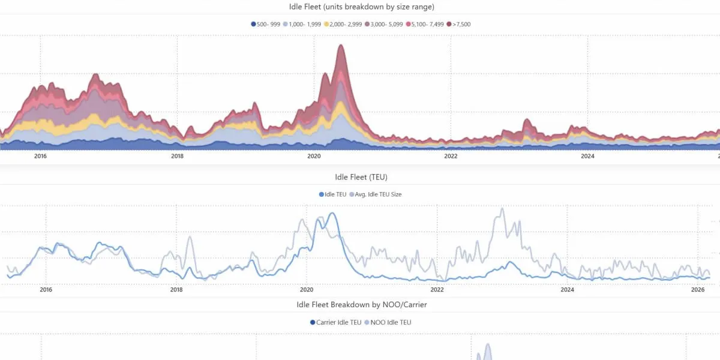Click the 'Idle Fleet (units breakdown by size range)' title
click(x=359, y=7)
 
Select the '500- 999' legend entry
click(x=266, y=24)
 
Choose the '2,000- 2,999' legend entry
click(x=344, y=24)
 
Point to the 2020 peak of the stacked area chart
click(x=341, y=46)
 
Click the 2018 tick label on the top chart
click(x=177, y=157)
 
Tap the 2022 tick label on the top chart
click(x=451, y=157)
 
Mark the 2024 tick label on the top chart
click(x=587, y=157)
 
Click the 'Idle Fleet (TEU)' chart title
click(x=359, y=177)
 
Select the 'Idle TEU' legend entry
click(x=331, y=194)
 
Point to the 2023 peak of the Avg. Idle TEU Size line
click(x=502, y=208)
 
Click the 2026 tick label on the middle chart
click(x=698, y=290)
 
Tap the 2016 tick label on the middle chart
click(x=46, y=290)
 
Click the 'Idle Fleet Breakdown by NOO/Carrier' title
click(x=361, y=304)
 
